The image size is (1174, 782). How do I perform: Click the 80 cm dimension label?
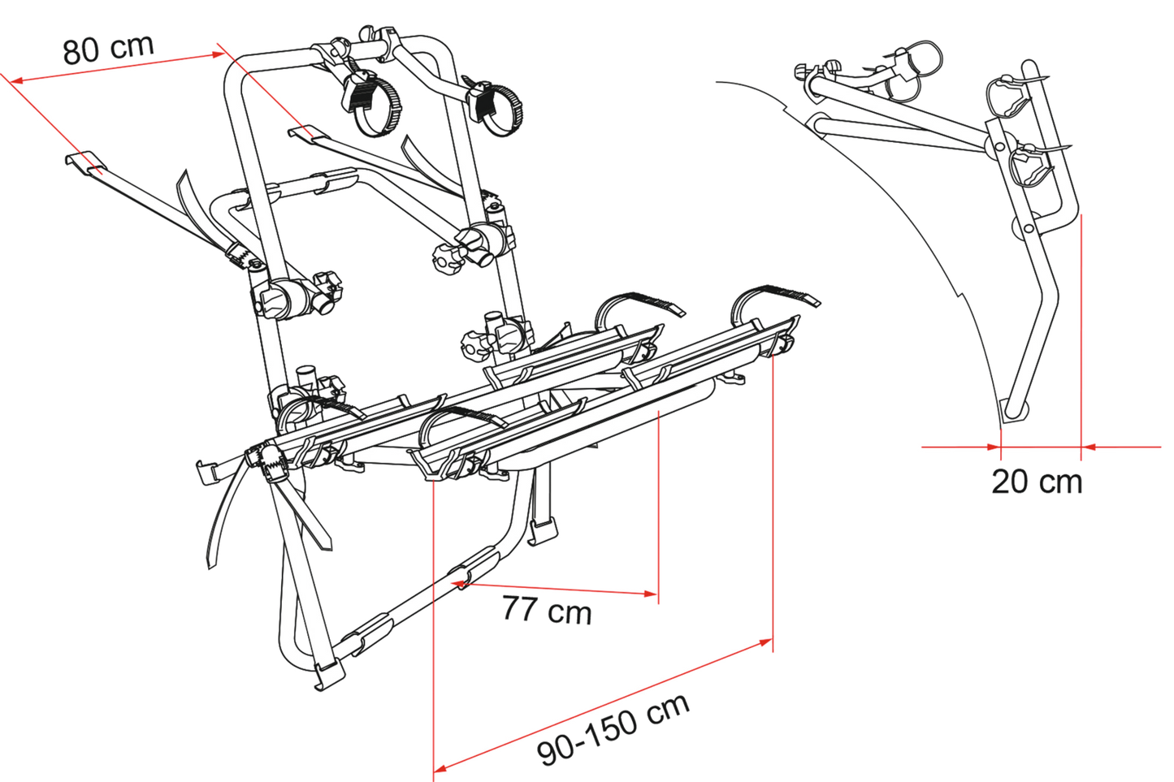tap(109, 50)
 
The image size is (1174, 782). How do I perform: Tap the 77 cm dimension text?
tap(547, 610)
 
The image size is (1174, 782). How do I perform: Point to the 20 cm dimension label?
tap(1037, 482)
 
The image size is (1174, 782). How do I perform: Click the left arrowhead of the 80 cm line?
tap(15, 80)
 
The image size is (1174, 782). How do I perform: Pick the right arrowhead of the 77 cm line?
tap(651, 594)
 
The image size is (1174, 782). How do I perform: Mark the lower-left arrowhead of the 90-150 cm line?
tap(440, 768)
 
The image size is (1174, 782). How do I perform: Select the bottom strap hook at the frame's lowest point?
tap(329, 676)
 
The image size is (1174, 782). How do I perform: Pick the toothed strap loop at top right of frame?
tap(498, 110)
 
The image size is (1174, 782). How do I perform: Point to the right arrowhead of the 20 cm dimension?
tap(1088, 447)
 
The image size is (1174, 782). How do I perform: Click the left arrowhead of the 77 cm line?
tap(457, 583)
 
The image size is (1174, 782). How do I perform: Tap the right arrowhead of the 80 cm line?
tap(219, 54)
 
